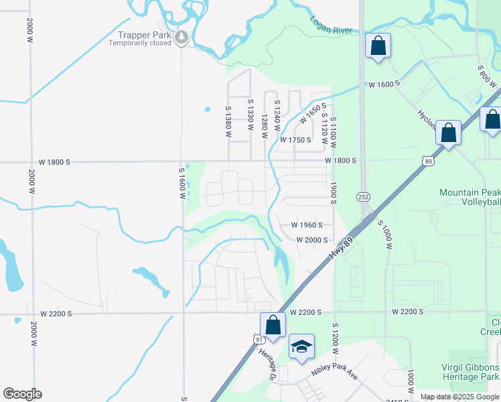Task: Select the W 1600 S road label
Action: coord(384,84)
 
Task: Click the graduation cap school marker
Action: coord(302,346)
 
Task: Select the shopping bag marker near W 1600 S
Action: coord(378,46)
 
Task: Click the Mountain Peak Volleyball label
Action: coord(470,197)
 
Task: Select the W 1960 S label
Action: coord(307,225)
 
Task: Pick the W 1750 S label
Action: coord(295,140)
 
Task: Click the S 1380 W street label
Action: coord(228,121)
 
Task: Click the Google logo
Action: coord(22,394)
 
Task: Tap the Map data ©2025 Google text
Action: coord(459,397)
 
